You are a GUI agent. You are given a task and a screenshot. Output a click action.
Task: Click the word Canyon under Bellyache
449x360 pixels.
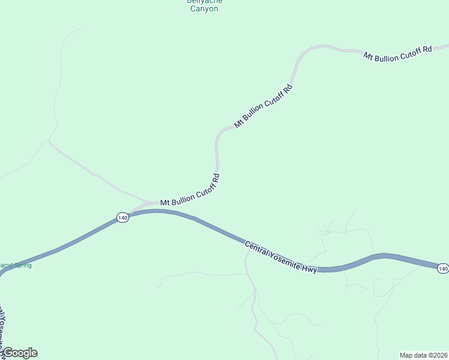tap(203, 9)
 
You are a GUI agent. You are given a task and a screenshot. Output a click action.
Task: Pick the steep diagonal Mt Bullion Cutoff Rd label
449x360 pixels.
tap(263, 106)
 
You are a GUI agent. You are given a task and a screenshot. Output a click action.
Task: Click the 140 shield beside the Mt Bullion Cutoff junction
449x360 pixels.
tap(122, 218)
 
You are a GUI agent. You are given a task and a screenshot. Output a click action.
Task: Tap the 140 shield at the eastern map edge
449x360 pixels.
tap(442, 268)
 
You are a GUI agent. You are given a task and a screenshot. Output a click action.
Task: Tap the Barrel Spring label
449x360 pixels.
tap(15, 265)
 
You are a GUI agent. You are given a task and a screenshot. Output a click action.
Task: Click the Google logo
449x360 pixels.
tap(20, 353)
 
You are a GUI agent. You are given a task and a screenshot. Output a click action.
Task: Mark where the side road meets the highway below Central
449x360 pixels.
tap(248, 246)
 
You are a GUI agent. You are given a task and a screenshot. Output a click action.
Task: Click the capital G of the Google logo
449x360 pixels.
tap(8, 352)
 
